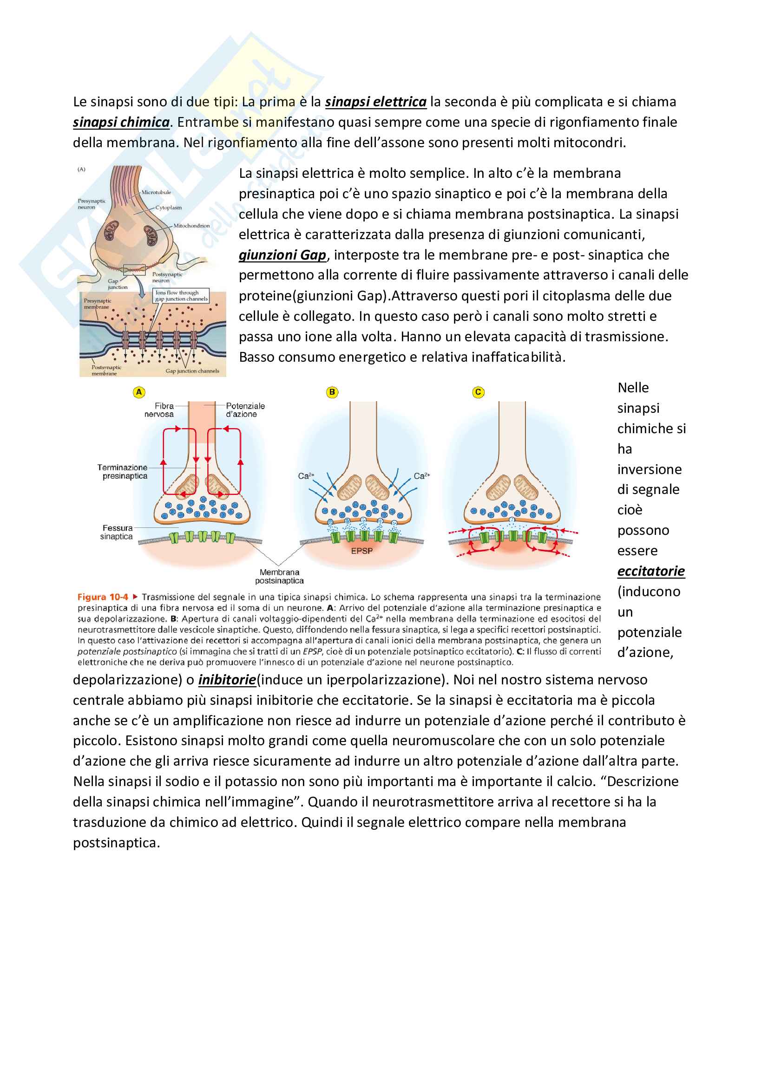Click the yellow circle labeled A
[138, 392]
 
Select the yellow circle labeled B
[332, 392]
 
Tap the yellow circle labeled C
[478, 392]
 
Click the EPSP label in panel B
[361, 551]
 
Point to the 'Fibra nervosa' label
[159, 410]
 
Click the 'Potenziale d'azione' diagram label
[245, 410]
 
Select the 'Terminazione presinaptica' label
[123, 472]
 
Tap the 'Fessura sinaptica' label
[117, 532]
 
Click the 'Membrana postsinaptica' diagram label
[279, 576]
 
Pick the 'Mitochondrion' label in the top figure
[191, 226]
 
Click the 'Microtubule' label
[156, 193]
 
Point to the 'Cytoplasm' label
[169, 208]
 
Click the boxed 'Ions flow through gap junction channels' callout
[181, 296]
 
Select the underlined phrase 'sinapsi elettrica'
[376, 102]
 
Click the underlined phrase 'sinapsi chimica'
[121, 122]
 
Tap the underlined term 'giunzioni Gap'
[282, 255]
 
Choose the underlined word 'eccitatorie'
[650, 571]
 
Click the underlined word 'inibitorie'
[227, 680]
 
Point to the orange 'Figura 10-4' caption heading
[103, 597]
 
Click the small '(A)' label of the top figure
[82, 169]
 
